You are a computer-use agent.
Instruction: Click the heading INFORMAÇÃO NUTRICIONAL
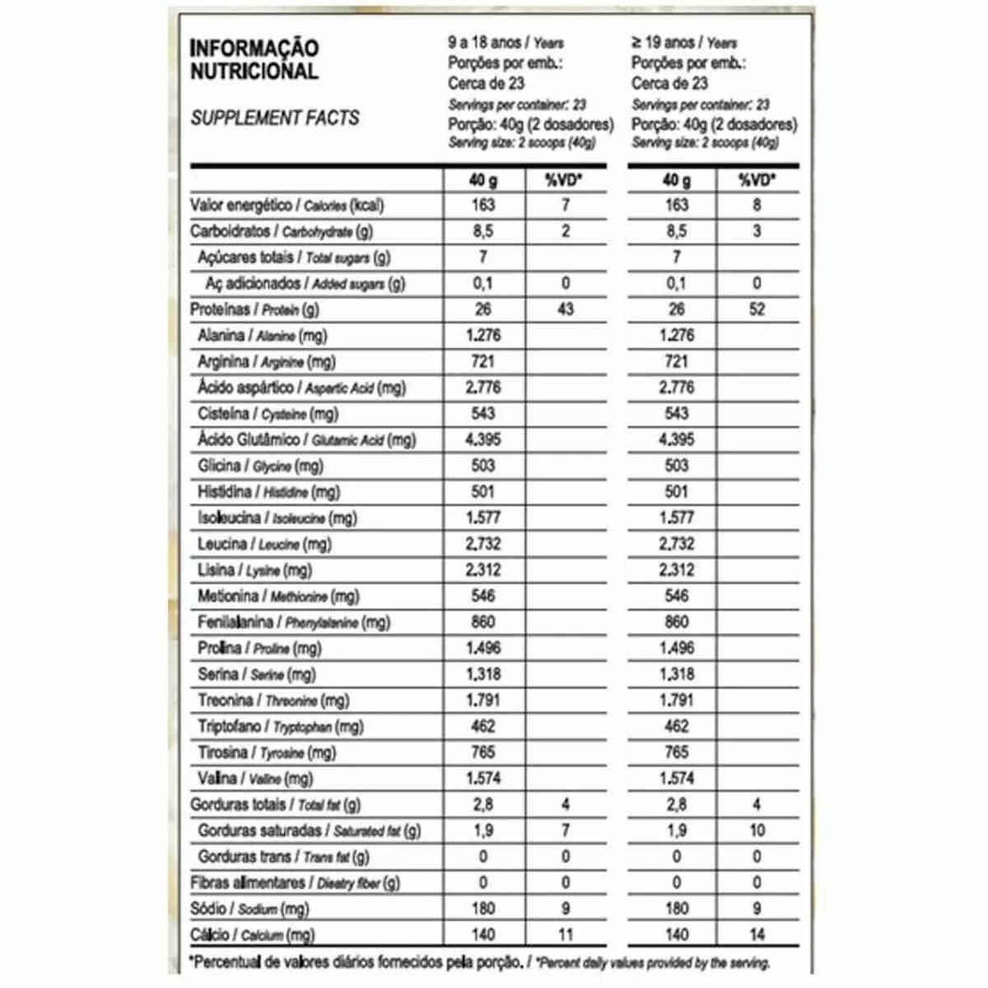point(254,59)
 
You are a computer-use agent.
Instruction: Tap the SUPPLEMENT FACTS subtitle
point(274,118)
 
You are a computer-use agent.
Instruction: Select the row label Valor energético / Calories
point(287,206)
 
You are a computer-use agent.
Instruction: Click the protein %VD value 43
point(566,310)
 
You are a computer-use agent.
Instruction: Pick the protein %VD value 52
point(757,310)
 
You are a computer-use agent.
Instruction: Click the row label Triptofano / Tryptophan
point(280,727)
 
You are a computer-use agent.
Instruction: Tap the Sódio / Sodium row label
point(249,909)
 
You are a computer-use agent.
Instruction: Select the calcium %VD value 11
point(566,934)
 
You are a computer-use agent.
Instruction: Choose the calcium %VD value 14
point(757,934)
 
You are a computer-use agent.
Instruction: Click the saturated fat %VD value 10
point(757,831)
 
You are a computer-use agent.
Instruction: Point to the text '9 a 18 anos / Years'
point(506,42)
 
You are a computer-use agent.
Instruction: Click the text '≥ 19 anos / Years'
point(684,42)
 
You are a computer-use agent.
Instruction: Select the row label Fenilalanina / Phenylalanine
point(294,622)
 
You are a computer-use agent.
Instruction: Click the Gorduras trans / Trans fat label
point(283,857)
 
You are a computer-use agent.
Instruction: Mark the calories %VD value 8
point(757,205)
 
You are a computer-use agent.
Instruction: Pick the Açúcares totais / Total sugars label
point(294,258)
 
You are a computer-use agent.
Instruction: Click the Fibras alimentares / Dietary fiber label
point(295,883)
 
